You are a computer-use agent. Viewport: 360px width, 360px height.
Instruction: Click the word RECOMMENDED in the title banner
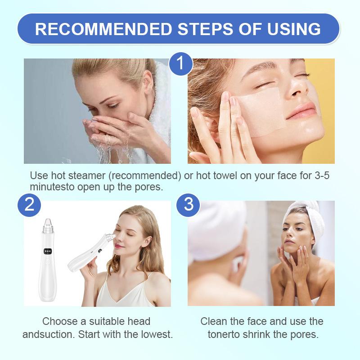(103, 29)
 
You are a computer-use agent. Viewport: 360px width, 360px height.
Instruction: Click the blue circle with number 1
(181, 63)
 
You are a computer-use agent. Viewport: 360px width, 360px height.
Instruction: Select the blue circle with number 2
(29, 205)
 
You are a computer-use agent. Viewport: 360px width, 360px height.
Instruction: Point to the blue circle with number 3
(188, 205)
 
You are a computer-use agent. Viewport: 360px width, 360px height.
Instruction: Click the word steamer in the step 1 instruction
(87, 175)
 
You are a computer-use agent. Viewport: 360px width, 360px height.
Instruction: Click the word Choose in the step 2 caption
(60, 321)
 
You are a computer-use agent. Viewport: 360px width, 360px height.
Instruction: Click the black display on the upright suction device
(47, 252)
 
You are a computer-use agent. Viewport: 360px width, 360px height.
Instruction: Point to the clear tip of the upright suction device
(48, 223)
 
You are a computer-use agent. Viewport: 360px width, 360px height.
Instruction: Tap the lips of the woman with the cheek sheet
(301, 111)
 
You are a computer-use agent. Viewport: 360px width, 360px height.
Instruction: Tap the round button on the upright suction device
(48, 261)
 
